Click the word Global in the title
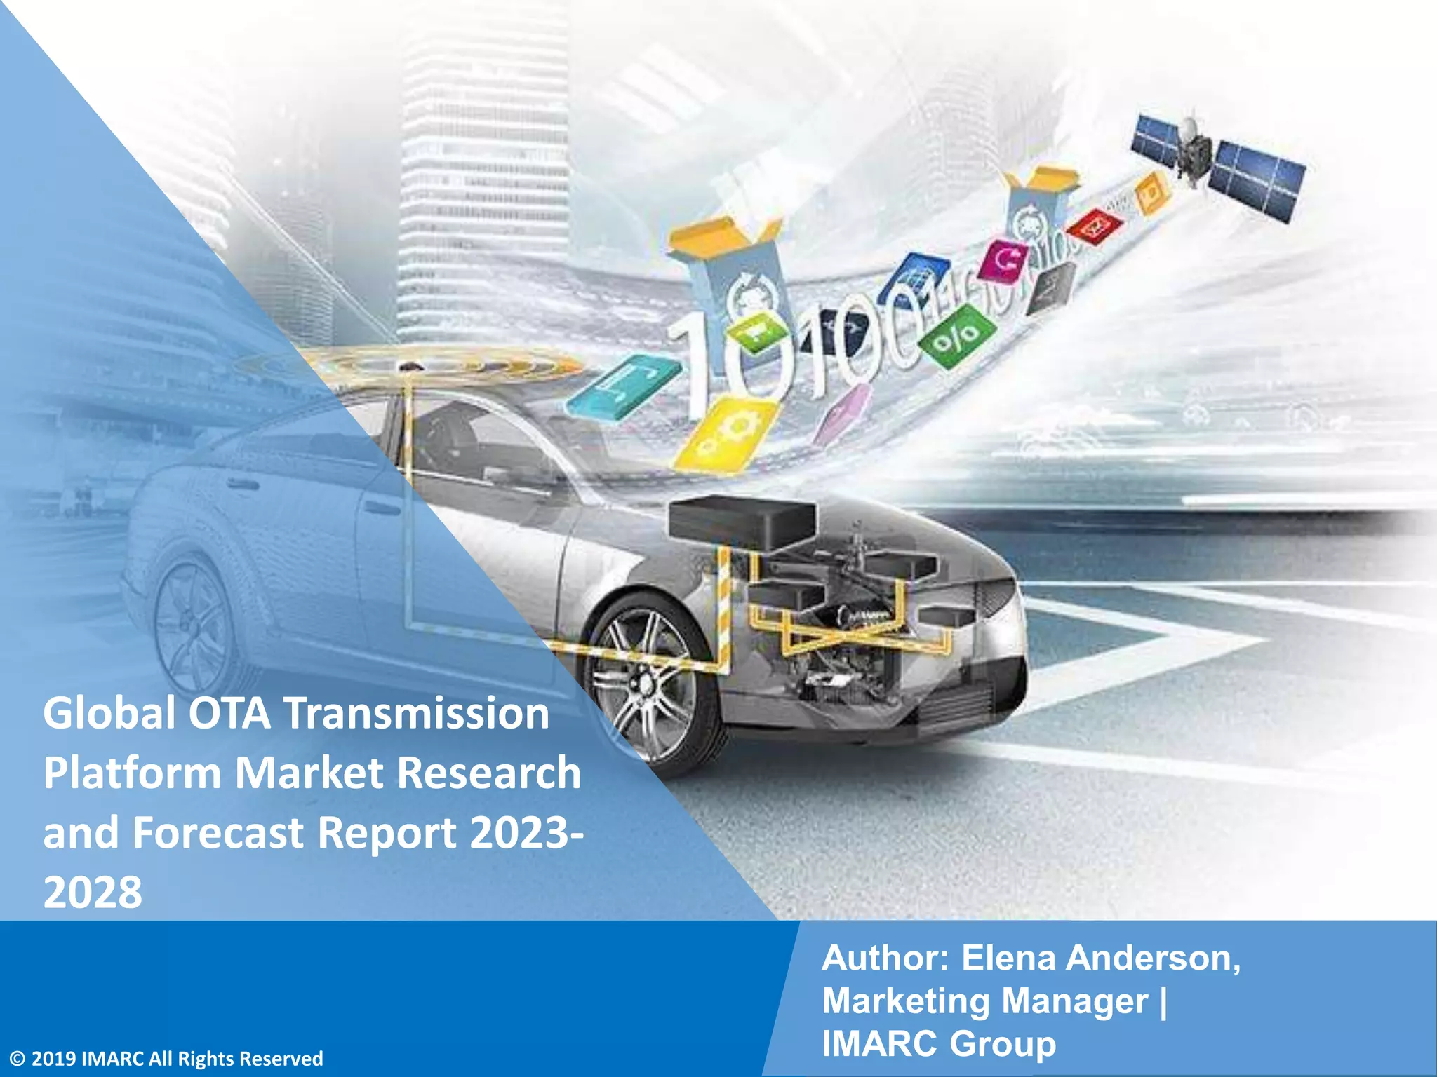(x=109, y=714)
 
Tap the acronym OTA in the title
(x=229, y=714)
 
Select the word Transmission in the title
(x=416, y=714)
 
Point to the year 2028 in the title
(x=93, y=893)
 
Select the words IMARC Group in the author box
(x=939, y=1043)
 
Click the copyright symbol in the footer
(x=18, y=1059)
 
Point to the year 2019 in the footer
(x=54, y=1059)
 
